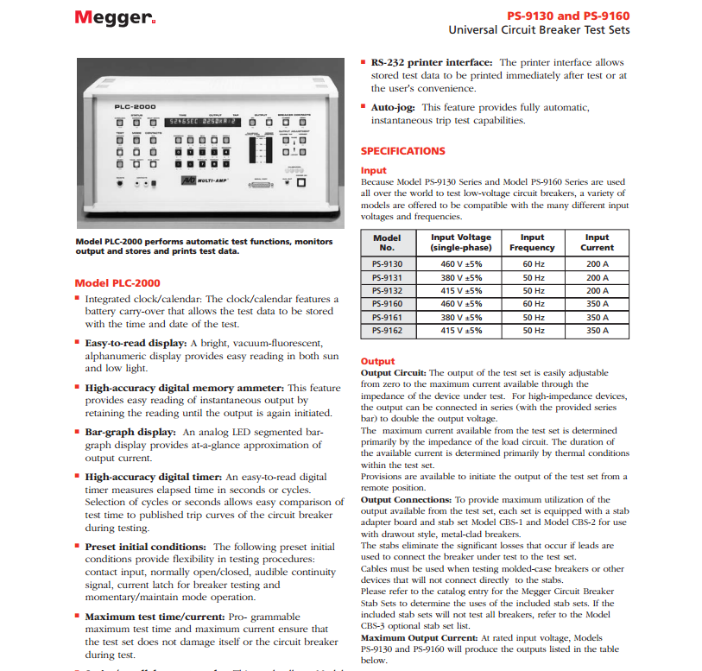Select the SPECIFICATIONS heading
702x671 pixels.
coord(402,151)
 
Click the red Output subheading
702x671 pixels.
coord(377,361)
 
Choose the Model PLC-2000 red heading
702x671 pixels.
coord(117,282)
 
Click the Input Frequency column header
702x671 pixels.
coord(532,243)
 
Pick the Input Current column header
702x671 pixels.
coord(597,243)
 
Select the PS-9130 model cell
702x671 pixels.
coord(387,264)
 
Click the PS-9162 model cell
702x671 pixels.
coord(387,330)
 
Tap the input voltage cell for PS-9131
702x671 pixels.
coord(461,278)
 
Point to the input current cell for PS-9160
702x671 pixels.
coord(597,304)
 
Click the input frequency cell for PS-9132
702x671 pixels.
coord(533,291)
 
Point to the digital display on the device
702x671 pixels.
coord(195,122)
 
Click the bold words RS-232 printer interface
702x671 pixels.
coord(432,63)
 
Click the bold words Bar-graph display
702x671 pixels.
coord(131,431)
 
